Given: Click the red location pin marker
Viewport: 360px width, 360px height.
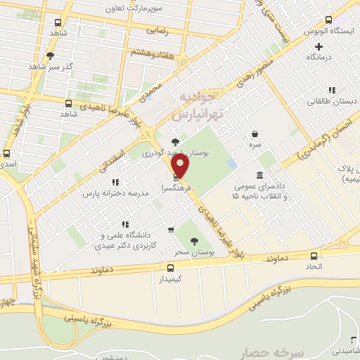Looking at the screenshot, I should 181,166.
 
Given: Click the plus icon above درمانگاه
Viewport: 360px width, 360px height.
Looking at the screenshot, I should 319,46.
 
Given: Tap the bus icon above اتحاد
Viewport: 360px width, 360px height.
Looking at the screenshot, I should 314,256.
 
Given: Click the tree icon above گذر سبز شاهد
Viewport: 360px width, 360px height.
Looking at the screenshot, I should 50,56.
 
